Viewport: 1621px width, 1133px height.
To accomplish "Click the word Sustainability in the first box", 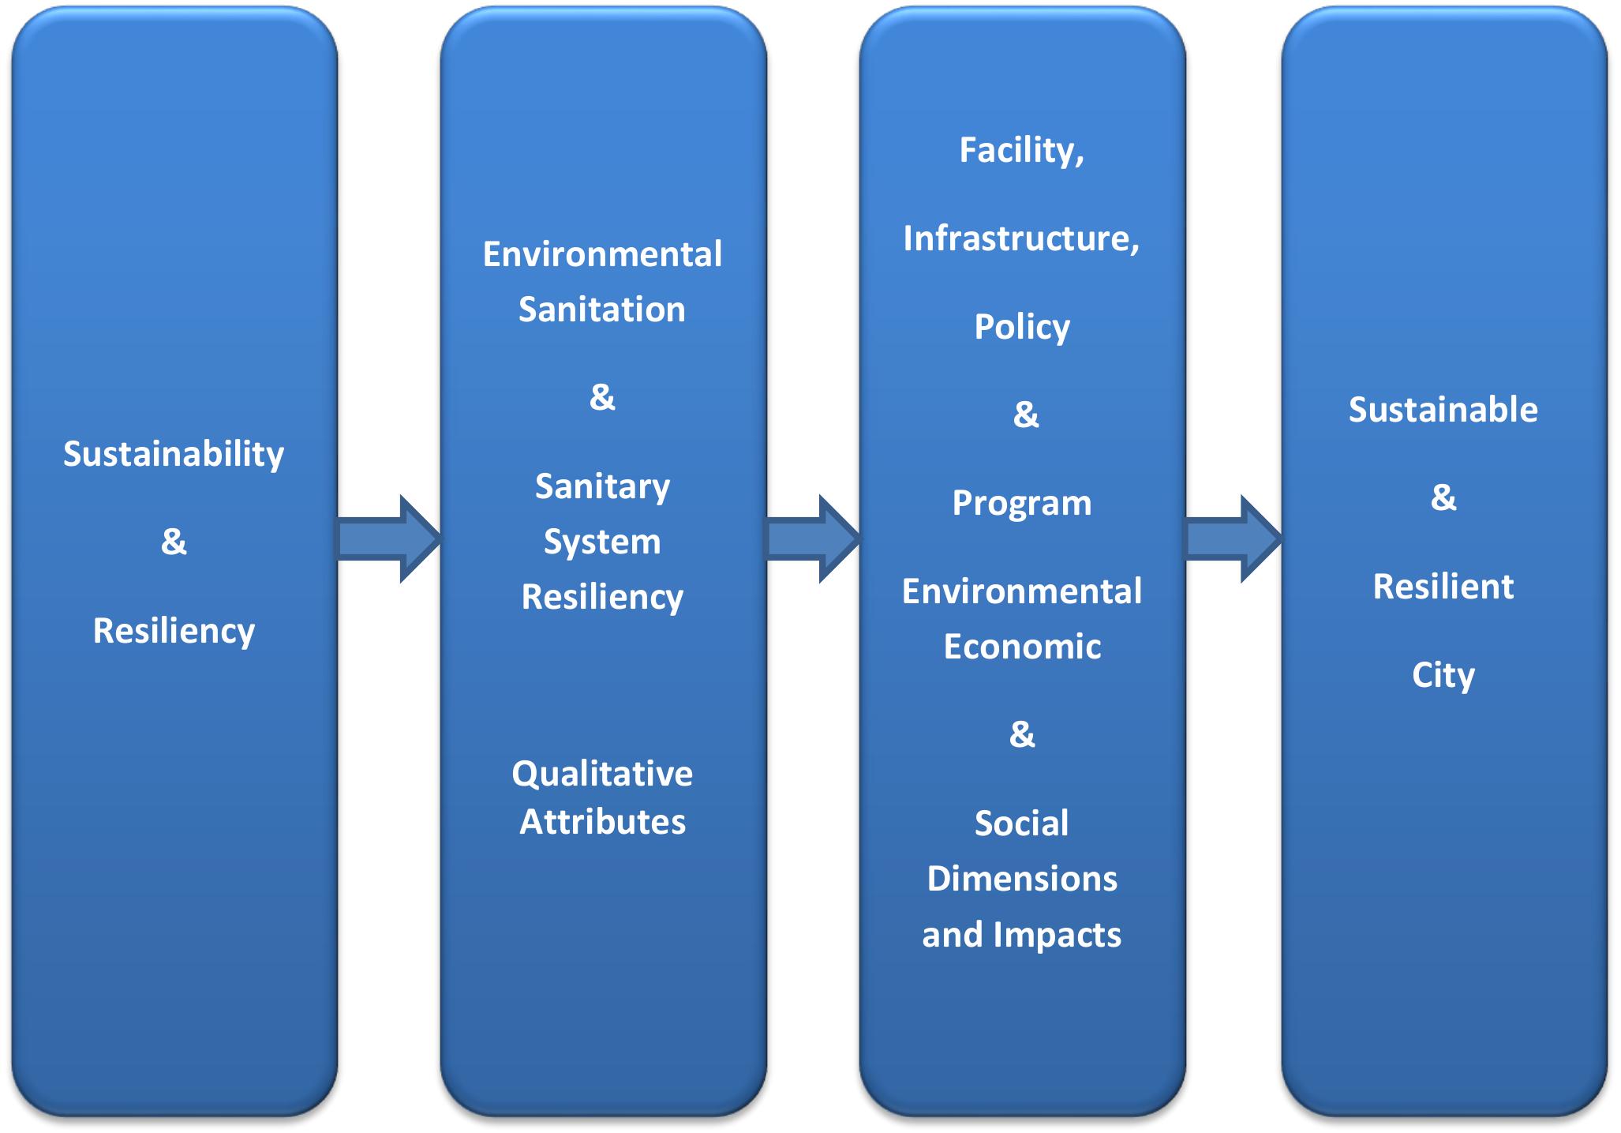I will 174,455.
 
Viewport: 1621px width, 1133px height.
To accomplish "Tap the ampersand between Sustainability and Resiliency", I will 174,542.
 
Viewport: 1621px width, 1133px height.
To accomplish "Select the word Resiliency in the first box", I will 174,631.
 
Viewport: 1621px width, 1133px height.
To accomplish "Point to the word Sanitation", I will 602,310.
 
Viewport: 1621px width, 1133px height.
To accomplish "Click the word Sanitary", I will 602,486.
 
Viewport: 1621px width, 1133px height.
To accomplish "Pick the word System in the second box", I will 602,542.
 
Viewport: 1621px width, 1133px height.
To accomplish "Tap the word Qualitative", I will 602,774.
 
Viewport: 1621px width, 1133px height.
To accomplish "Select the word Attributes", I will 602,822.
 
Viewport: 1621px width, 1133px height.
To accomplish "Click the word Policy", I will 1022,327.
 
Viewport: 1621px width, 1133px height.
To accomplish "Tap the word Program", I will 1022,504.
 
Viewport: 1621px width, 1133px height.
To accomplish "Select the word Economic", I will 1022,647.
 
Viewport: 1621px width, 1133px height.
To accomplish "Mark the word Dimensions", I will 1022,879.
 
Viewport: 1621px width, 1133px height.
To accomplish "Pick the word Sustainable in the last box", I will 1443,410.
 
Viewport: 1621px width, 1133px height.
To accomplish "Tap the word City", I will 1443,675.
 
